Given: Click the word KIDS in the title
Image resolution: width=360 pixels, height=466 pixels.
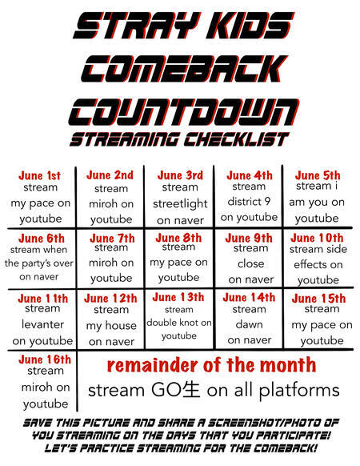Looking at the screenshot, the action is click(x=250, y=26).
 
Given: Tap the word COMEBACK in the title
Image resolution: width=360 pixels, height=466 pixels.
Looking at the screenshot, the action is click(x=184, y=69).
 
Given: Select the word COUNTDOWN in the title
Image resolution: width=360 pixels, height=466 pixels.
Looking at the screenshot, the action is click(x=183, y=112).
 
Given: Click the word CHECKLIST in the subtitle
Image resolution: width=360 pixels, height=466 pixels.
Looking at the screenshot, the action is click(x=236, y=139).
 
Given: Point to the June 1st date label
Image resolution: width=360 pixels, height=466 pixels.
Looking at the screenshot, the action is click(x=39, y=175).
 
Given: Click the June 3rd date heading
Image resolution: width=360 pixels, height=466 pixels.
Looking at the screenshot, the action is click(x=180, y=175).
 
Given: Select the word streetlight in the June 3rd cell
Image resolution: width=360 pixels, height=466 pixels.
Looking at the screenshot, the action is click(x=180, y=204).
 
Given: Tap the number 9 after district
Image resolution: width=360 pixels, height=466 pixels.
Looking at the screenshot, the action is click(x=267, y=202).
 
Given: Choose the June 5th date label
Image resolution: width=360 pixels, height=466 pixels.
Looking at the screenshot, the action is click(x=318, y=175).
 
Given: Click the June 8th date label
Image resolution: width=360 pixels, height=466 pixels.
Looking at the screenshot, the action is click(x=178, y=238).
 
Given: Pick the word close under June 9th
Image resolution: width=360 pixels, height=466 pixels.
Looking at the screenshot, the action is click(x=250, y=263).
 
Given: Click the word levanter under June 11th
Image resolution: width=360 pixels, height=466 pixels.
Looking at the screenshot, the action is click(x=42, y=324).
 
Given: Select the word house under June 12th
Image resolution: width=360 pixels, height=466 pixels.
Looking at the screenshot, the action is click(x=120, y=325).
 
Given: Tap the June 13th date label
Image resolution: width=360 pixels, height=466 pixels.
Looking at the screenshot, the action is click(x=178, y=297).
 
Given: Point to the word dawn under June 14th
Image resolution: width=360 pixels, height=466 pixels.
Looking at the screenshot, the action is click(x=250, y=324).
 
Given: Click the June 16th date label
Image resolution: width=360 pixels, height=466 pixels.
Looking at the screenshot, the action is click(x=45, y=360).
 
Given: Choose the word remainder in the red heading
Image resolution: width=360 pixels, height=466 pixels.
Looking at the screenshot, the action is click(x=153, y=365).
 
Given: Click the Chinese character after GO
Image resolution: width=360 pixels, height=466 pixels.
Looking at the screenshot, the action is click(x=190, y=390).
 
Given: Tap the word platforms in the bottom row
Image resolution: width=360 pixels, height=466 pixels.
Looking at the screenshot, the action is click(x=299, y=391).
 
